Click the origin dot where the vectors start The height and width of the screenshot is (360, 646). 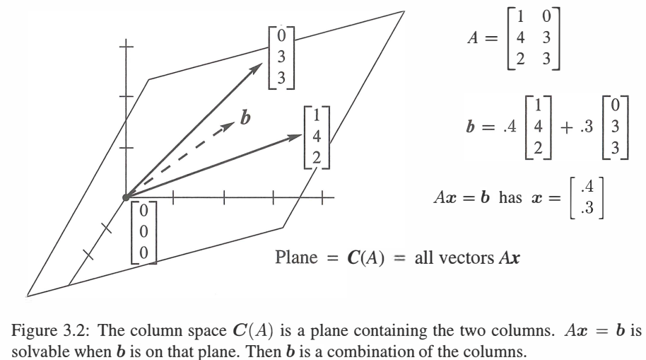click(125, 196)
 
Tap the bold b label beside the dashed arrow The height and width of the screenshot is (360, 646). click(245, 117)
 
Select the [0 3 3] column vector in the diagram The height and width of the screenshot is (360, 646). click(281, 56)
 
